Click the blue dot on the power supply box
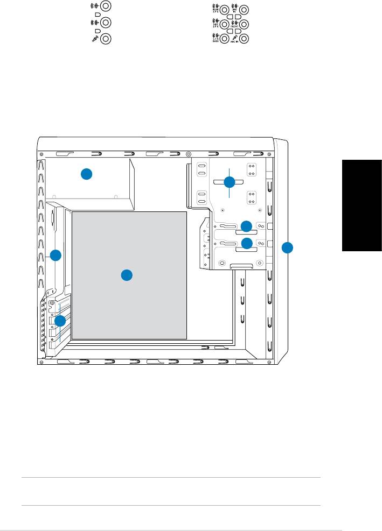[x=87, y=174]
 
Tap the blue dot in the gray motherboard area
[x=126, y=275]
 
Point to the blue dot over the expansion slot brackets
[x=60, y=321]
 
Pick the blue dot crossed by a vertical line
[x=230, y=182]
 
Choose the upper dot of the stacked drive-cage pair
[x=246, y=225]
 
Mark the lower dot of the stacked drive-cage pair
[x=246, y=243]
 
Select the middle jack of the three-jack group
[x=106, y=23]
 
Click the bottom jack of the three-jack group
[x=106, y=39]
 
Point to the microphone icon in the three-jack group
[x=95, y=39]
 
